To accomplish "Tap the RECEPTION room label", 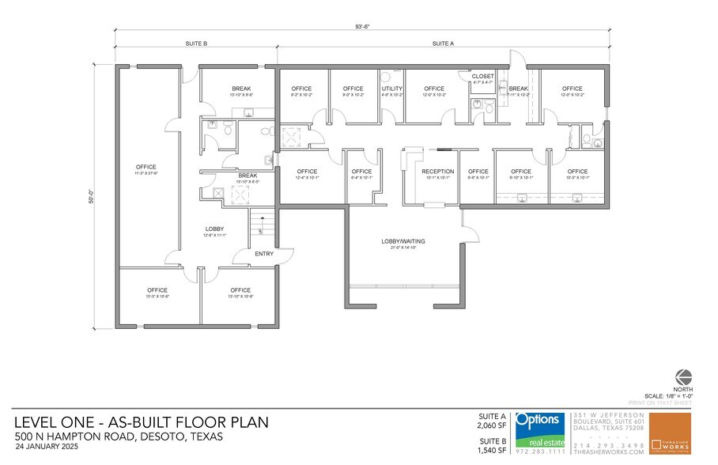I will click(438, 172).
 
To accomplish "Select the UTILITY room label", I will click(393, 89).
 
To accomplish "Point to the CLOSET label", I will click(483, 77).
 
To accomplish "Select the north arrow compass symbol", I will click(684, 376).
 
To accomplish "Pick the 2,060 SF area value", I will click(492, 425).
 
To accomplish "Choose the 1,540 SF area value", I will click(492, 449).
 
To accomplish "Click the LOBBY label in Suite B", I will click(216, 229).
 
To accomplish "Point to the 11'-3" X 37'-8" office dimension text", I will click(146, 173).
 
